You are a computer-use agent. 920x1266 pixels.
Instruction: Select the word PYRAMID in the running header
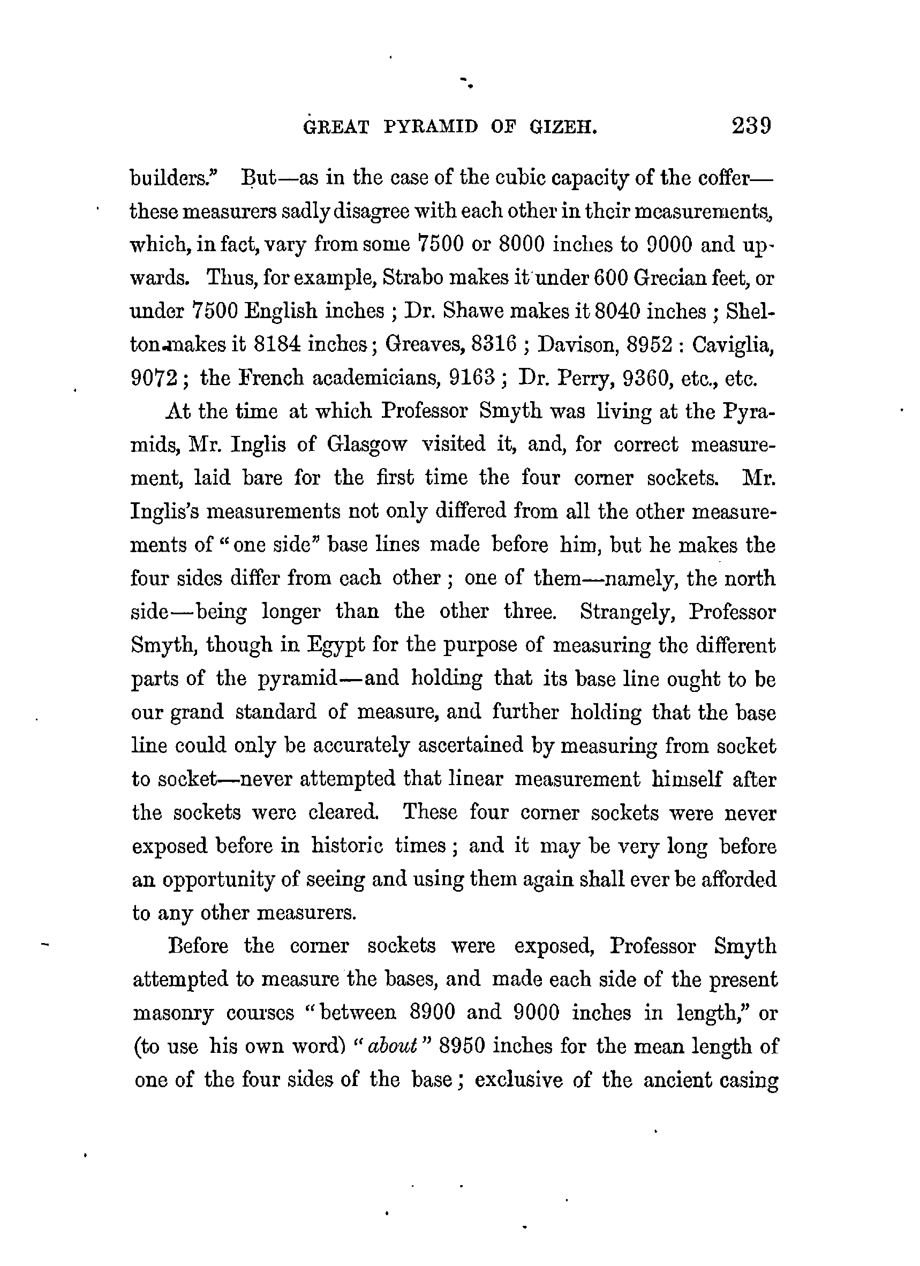click(x=431, y=128)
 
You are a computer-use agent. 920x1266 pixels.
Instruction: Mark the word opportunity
click(x=221, y=880)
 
